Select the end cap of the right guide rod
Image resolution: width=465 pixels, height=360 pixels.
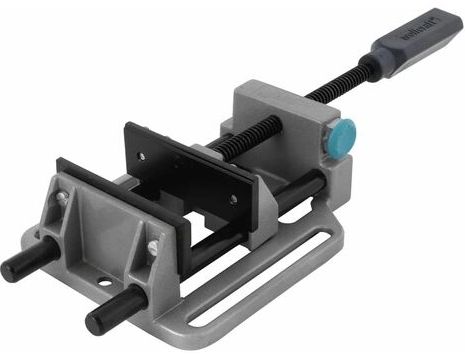pos(97,322)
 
